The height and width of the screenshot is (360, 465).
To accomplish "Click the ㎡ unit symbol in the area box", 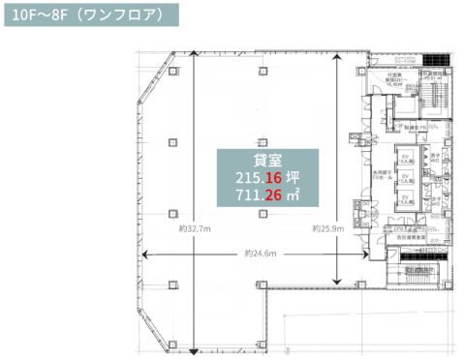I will (x=294, y=195).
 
